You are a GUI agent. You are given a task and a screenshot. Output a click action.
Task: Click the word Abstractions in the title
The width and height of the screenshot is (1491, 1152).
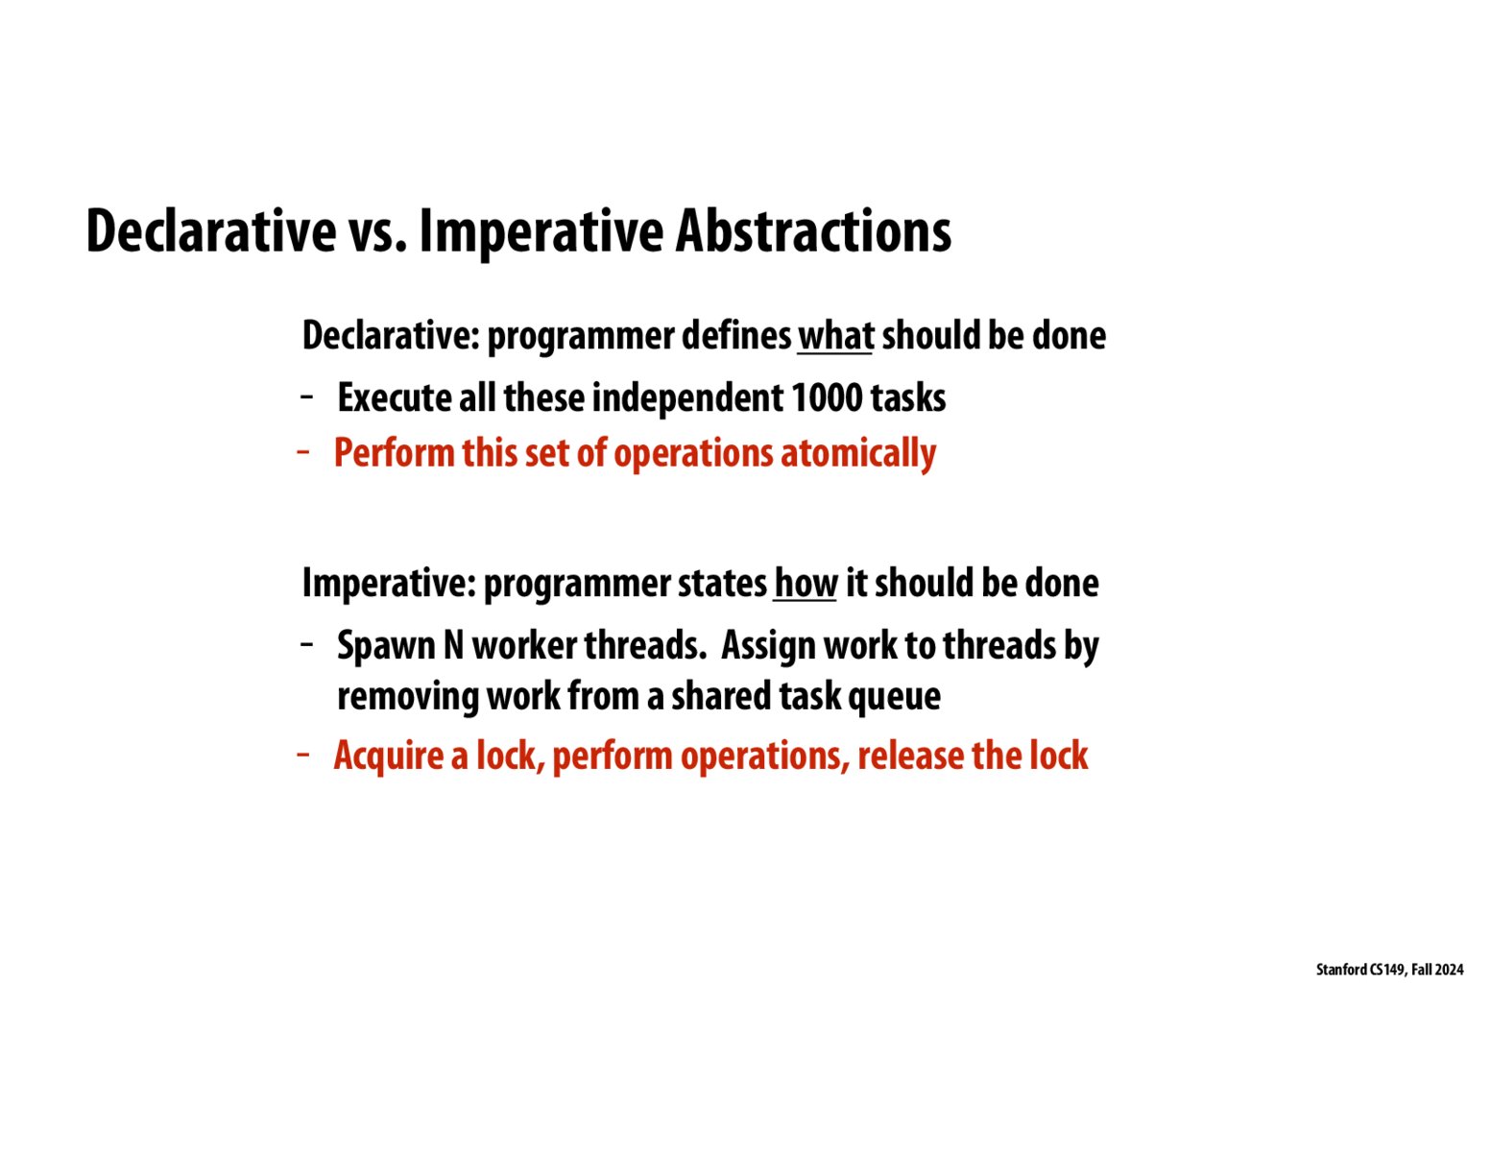coord(813,231)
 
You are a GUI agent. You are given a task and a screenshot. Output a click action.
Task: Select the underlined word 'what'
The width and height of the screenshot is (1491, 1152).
coord(834,336)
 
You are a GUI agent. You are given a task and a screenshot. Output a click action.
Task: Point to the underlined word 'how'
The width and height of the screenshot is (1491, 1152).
coord(805,583)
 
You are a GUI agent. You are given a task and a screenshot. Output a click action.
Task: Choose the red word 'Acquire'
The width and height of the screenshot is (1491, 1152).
coord(388,756)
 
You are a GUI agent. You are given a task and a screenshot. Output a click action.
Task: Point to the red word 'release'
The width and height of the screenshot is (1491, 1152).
coord(910,756)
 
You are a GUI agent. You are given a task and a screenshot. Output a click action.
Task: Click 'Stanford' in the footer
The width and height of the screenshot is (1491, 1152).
coord(1340,970)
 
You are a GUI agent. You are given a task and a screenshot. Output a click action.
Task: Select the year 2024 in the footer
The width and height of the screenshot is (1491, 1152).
coord(1449,970)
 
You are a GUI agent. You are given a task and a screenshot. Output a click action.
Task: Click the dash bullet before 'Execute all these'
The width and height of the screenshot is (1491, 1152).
coord(307,396)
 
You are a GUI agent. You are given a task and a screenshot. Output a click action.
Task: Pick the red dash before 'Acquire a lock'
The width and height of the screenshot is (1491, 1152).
coord(303,755)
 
